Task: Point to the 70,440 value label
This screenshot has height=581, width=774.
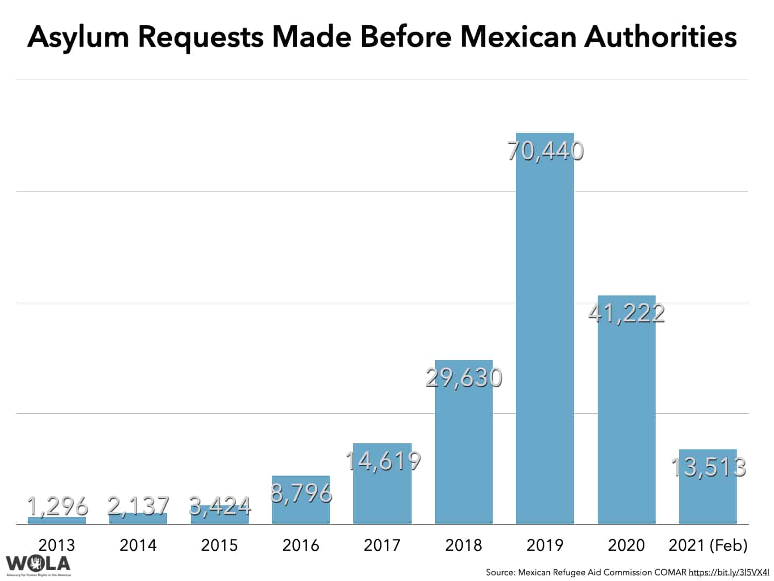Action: (x=545, y=151)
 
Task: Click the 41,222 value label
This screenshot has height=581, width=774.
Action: (x=626, y=313)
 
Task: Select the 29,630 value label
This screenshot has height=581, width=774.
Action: (x=463, y=378)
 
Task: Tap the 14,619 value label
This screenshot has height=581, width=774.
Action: (x=382, y=460)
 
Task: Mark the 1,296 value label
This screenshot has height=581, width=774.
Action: (x=57, y=506)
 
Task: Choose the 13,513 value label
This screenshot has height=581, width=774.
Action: (x=708, y=466)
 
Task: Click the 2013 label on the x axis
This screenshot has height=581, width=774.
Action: (x=57, y=545)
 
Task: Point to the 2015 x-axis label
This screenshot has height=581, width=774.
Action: (x=219, y=545)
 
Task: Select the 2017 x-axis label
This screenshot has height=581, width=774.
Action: (x=382, y=545)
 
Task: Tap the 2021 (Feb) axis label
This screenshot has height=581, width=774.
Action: (x=708, y=545)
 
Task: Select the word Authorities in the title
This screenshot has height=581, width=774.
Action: (x=660, y=37)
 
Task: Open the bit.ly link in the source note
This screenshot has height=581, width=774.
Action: (x=729, y=572)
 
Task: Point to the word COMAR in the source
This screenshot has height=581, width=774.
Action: (x=670, y=572)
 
